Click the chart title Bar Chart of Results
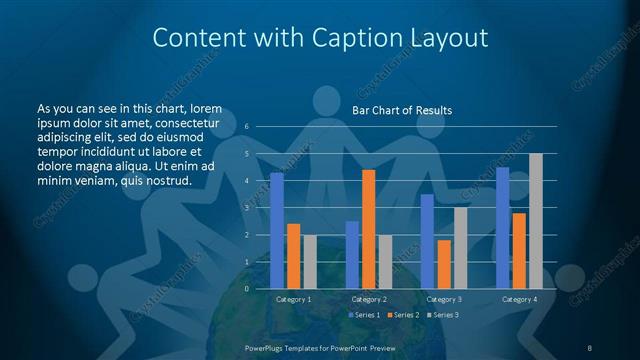pyautogui.click(x=402, y=110)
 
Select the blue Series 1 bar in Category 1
pyautogui.click(x=277, y=231)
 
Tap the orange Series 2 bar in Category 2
pyautogui.click(x=368, y=229)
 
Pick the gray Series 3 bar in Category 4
pyautogui.click(x=535, y=221)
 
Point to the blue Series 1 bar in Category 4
pyautogui.click(x=503, y=228)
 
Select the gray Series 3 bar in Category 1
pyautogui.click(x=309, y=262)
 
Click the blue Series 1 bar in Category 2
pyautogui.click(x=352, y=255)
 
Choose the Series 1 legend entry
pyautogui.click(x=364, y=315)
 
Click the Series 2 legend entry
pyautogui.click(x=402, y=315)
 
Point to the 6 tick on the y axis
pyautogui.click(x=247, y=127)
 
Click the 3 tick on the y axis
pyautogui.click(x=247, y=208)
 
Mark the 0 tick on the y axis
pyautogui.click(x=247, y=289)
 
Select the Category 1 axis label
pyautogui.click(x=293, y=299)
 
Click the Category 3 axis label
pyautogui.click(x=443, y=299)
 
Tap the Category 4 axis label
pyautogui.click(x=519, y=299)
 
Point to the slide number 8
pyautogui.click(x=589, y=346)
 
